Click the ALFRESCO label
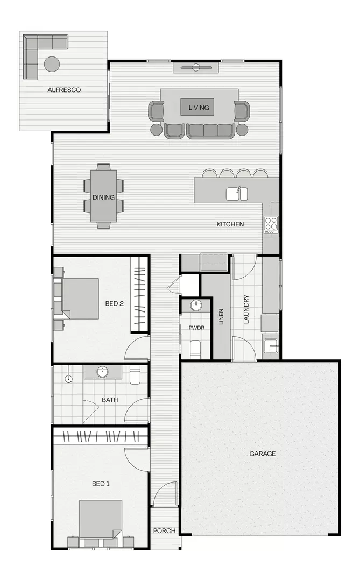64,90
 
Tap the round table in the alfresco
52,63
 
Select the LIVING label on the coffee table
198,108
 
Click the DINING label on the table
103,197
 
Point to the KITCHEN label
230,224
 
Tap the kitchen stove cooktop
271,223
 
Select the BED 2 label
115,303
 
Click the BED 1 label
101,484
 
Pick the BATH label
110,400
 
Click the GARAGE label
262,454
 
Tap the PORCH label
164,530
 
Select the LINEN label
221,317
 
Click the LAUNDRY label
246,309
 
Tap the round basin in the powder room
196,306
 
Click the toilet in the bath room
135,374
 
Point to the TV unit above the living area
196,67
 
